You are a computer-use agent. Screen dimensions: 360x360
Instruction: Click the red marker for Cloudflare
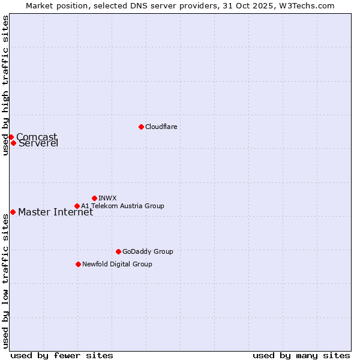pos(141,127)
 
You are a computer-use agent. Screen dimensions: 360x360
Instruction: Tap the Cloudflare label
pos(161,127)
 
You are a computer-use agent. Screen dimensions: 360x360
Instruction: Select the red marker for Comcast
pos(11,137)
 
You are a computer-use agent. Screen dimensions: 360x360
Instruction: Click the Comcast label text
pos(37,137)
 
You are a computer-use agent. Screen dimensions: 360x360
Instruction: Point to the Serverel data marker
pos(13,143)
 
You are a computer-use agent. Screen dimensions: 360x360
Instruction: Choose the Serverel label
pos(38,143)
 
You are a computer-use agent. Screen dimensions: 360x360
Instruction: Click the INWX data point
pos(94,198)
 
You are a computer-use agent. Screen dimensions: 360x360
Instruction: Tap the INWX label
pos(107,198)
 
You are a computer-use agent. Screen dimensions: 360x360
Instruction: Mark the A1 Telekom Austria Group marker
pos(77,206)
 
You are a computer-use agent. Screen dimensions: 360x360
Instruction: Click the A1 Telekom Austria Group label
pos(122,206)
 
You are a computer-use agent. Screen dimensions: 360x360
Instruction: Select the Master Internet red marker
pos(13,212)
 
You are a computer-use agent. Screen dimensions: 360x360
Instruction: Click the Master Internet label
pos(55,212)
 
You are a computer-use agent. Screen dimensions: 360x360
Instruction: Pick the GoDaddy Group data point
pos(118,251)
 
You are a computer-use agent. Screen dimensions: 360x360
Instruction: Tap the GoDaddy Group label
pos(147,251)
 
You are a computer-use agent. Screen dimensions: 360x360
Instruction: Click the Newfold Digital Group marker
pos(78,264)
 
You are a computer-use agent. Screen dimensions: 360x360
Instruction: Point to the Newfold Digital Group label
pos(117,264)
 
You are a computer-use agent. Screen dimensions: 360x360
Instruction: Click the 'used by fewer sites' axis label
pos(62,355)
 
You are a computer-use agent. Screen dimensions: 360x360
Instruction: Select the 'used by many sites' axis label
pos(301,355)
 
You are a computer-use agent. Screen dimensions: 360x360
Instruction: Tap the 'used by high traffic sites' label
pos(5,85)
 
